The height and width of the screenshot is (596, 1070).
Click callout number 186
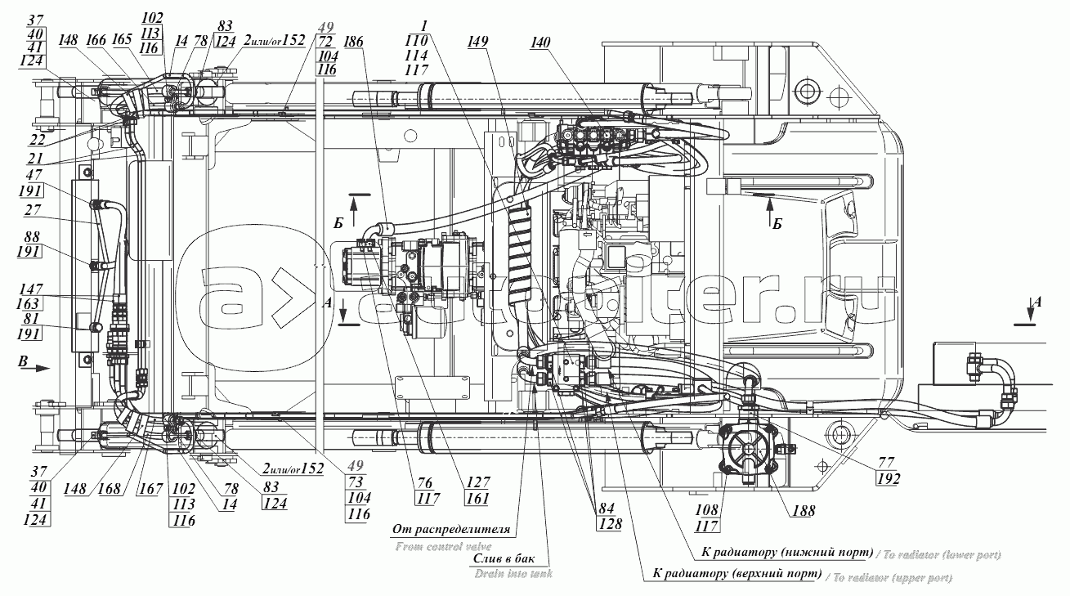pyautogui.click(x=354, y=42)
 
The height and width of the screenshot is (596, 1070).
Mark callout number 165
pyautogui.click(x=123, y=39)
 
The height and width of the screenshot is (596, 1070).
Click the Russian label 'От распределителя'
pyautogui.click(x=451, y=529)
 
